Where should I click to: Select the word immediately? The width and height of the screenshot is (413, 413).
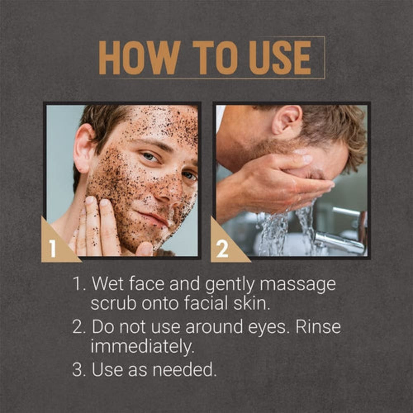pyautogui.click(x=142, y=347)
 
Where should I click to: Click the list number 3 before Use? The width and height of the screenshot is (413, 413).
pyautogui.click(x=79, y=369)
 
